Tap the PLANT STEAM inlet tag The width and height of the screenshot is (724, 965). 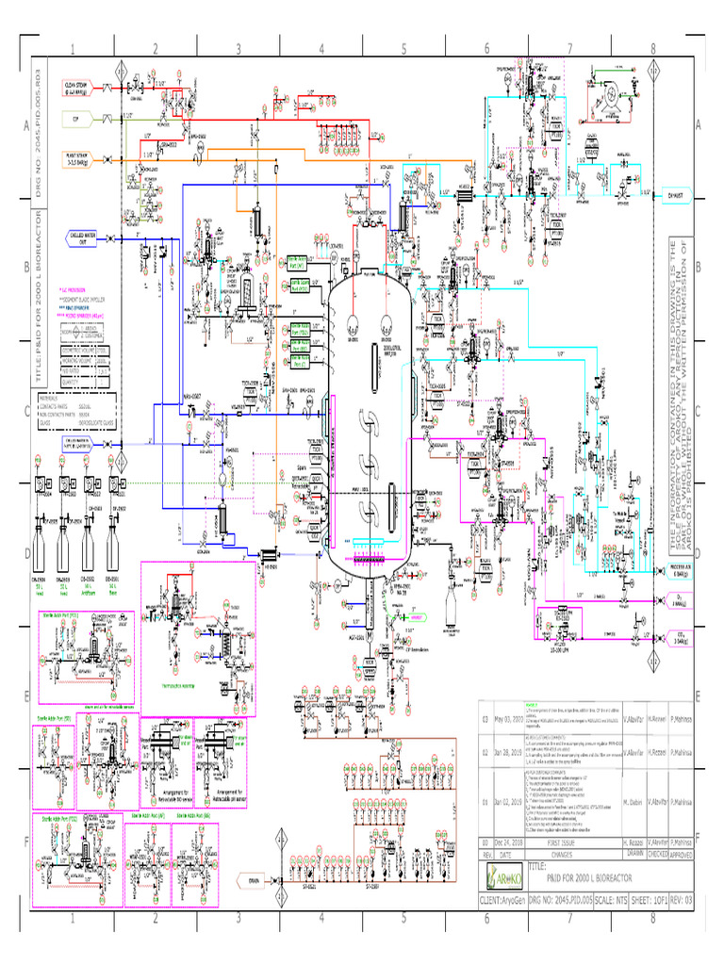pos(79,158)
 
